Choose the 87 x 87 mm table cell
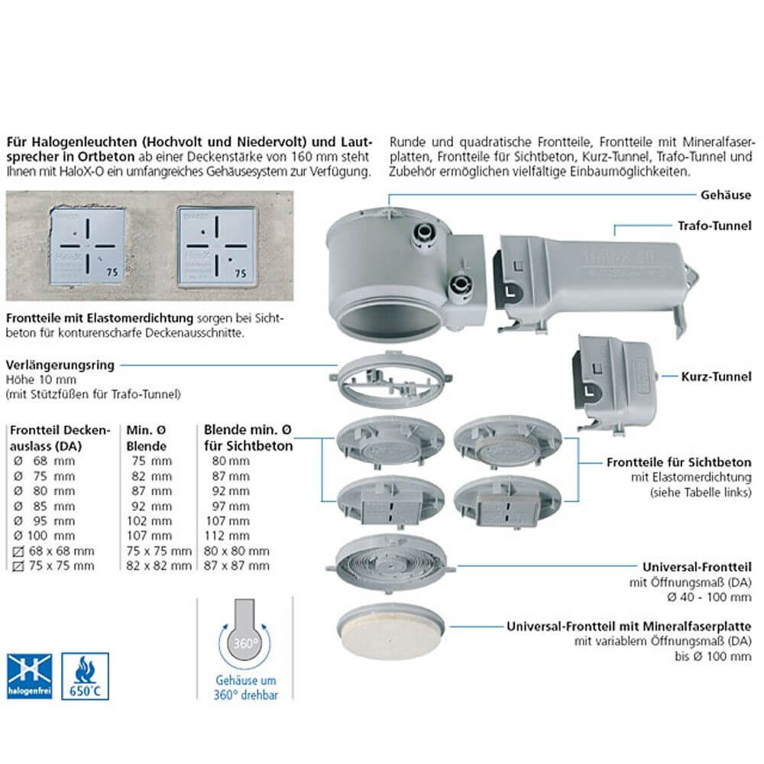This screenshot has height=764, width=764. [x=238, y=565]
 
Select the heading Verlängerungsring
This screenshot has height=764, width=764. [x=60, y=365]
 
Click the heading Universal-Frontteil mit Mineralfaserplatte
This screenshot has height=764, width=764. [x=630, y=626]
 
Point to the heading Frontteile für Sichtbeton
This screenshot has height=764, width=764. [x=685, y=462]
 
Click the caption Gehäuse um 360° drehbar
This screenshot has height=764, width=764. [x=246, y=688]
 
